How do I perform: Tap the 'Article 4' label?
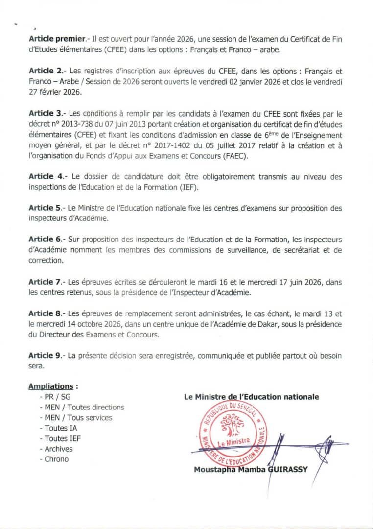45,176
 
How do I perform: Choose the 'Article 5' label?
45,208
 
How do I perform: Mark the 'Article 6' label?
45,240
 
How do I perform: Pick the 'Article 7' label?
45,282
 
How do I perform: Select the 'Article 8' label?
45,314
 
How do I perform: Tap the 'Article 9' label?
45,356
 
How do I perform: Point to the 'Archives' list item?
58,449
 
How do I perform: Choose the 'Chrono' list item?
56,459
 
